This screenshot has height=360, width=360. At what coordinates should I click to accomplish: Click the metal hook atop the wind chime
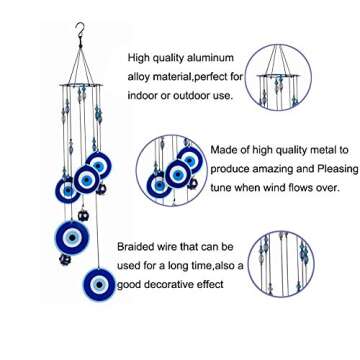tap(80, 31)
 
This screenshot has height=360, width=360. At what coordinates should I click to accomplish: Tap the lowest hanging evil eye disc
tap(99, 284)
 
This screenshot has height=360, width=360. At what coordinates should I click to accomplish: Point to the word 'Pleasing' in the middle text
tap(337, 169)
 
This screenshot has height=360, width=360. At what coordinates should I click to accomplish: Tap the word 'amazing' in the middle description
tap(272, 169)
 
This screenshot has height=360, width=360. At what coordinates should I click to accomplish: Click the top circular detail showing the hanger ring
tap(278, 77)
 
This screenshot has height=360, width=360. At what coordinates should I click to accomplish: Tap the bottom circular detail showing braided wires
tap(282, 264)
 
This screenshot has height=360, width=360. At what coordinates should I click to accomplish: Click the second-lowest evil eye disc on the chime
tap(72, 237)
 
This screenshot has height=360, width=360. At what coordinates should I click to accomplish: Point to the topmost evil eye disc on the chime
tap(99, 165)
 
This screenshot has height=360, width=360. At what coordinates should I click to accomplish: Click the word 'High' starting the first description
tap(138, 58)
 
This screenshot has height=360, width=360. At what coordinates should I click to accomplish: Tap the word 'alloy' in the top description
tap(139, 77)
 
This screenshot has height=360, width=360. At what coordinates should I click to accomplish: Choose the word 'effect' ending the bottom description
tap(212, 285)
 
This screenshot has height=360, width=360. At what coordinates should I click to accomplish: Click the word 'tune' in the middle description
tap(220, 188)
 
